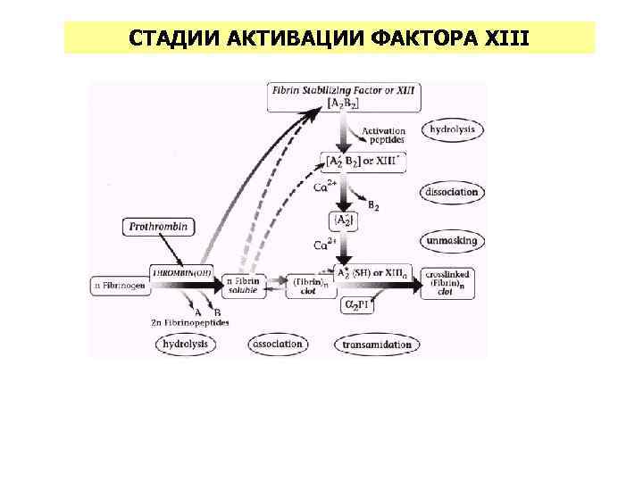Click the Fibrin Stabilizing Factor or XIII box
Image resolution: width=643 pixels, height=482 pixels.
click(344, 97)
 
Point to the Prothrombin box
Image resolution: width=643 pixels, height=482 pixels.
click(158, 228)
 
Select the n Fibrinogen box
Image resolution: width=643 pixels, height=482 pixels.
click(119, 286)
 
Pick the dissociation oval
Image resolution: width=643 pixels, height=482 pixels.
click(454, 192)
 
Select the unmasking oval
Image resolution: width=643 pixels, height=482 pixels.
click(453, 241)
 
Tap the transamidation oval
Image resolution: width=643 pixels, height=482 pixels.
click(378, 344)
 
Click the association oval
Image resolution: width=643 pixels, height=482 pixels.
click(278, 344)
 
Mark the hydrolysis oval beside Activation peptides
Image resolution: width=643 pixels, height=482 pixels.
click(453, 129)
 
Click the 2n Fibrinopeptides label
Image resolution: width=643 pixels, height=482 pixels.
click(190, 322)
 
